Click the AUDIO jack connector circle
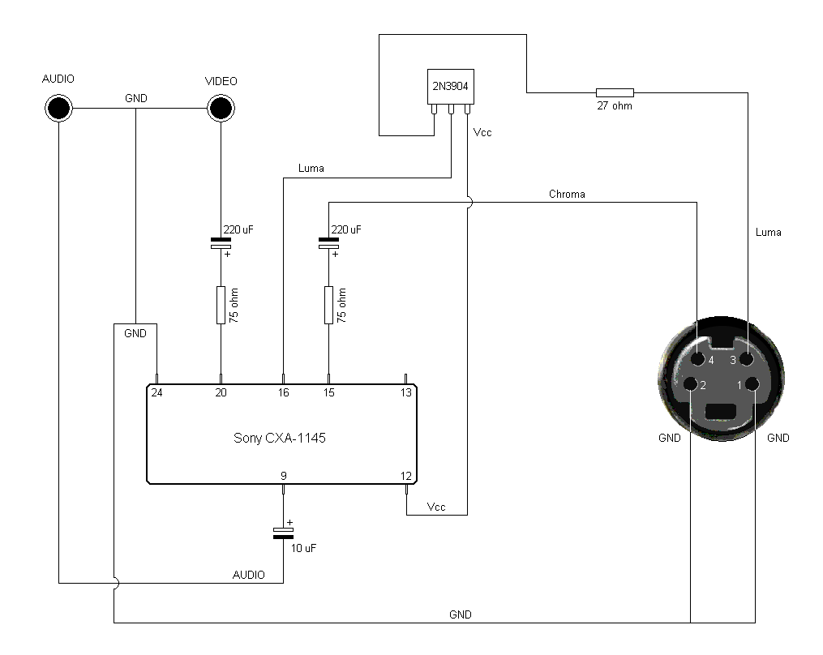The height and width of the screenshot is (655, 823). pos(58,108)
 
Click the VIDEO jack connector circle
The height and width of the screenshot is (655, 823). pos(221,108)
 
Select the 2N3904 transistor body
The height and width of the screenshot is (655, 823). pos(450,87)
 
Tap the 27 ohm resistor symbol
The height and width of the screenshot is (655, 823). pos(615,93)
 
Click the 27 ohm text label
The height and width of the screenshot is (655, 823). pos(615,105)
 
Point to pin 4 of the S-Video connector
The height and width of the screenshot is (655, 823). pos(698,359)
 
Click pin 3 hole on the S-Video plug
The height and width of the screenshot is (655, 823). pos(746,359)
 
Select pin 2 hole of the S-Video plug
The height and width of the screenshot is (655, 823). pos(691,385)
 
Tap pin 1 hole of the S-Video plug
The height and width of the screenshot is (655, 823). pos(752,385)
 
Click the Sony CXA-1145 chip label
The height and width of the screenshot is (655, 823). pos(279,438)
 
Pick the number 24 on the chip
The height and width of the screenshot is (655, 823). pos(156,392)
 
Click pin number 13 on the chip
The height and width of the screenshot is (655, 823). pos(405,392)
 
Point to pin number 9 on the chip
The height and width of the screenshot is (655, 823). pos(284,476)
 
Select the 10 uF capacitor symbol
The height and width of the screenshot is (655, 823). pos(284,533)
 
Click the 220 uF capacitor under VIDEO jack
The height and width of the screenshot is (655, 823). pos(221,243)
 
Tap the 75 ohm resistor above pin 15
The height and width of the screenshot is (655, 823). pos(328,305)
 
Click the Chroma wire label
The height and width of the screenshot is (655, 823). pos(567,195)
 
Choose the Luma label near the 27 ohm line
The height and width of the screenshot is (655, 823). pos(769,233)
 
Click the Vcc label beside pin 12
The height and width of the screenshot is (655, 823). pos(436,507)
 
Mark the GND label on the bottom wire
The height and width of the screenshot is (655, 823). pos(461,614)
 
